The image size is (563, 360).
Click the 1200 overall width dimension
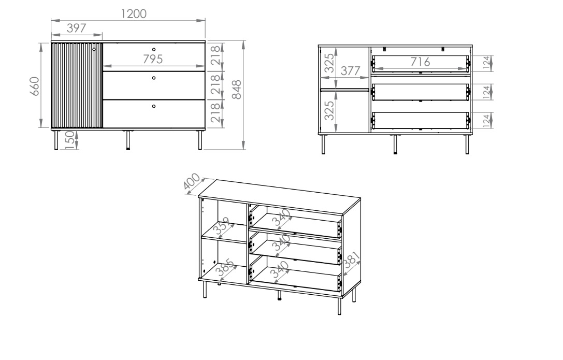[134, 13]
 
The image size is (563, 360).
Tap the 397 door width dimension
[77, 28]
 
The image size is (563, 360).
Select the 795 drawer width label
[153, 59]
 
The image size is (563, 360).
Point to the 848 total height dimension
[237, 90]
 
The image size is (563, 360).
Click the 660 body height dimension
[34, 86]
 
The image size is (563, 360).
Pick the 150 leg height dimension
[70, 140]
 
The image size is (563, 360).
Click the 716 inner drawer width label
[420, 62]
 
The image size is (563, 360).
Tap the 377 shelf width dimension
[350, 71]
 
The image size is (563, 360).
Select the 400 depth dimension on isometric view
[191, 181]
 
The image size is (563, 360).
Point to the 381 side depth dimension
[352, 260]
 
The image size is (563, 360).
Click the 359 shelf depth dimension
[222, 226]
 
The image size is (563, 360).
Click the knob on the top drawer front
[154, 50]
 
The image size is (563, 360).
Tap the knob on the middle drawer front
[154, 78]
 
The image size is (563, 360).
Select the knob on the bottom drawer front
[154, 106]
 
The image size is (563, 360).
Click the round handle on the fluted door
[94, 49]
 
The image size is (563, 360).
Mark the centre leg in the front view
[128, 140]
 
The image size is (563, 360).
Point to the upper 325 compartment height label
[329, 63]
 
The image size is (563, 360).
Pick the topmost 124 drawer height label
[486, 63]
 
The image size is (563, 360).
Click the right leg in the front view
[200, 140]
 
